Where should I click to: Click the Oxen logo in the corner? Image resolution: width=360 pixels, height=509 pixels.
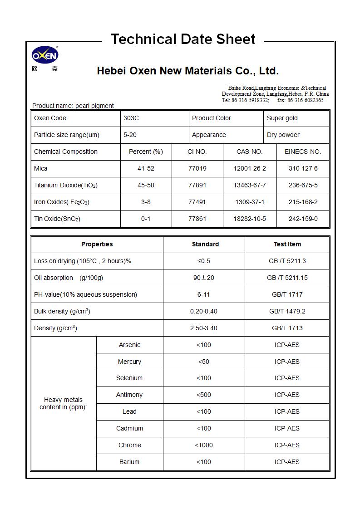(x=44, y=57)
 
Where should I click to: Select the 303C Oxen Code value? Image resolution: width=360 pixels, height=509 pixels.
(x=131, y=118)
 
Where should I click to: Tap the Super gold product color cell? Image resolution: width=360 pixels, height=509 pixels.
(x=282, y=118)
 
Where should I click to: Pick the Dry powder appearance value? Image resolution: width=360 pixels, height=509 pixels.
(x=283, y=135)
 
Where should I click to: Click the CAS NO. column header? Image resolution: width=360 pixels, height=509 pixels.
(x=249, y=152)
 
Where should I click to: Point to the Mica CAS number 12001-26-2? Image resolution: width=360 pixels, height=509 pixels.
(x=249, y=169)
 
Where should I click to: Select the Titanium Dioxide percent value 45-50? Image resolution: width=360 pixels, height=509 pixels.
(x=146, y=186)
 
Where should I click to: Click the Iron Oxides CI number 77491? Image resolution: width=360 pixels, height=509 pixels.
(x=197, y=202)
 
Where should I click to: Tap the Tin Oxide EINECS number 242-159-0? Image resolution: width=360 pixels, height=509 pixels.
(x=303, y=219)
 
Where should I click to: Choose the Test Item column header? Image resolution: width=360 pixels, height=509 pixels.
(x=287, y=245)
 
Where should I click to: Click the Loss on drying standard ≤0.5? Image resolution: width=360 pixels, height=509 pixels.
(x=203, y=261)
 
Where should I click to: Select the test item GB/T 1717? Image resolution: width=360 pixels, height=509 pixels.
(x=287, y=295)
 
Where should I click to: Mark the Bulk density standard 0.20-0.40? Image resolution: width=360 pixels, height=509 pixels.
(x=203, y=312)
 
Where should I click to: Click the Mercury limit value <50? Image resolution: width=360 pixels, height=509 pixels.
(x=203, y=362)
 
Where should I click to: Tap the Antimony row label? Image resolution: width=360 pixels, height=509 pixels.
(x=129, y=395)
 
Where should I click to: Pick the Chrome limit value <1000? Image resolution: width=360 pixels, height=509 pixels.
(x=203, y=445)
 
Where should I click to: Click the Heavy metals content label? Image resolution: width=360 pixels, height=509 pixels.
(x=63, y=404)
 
